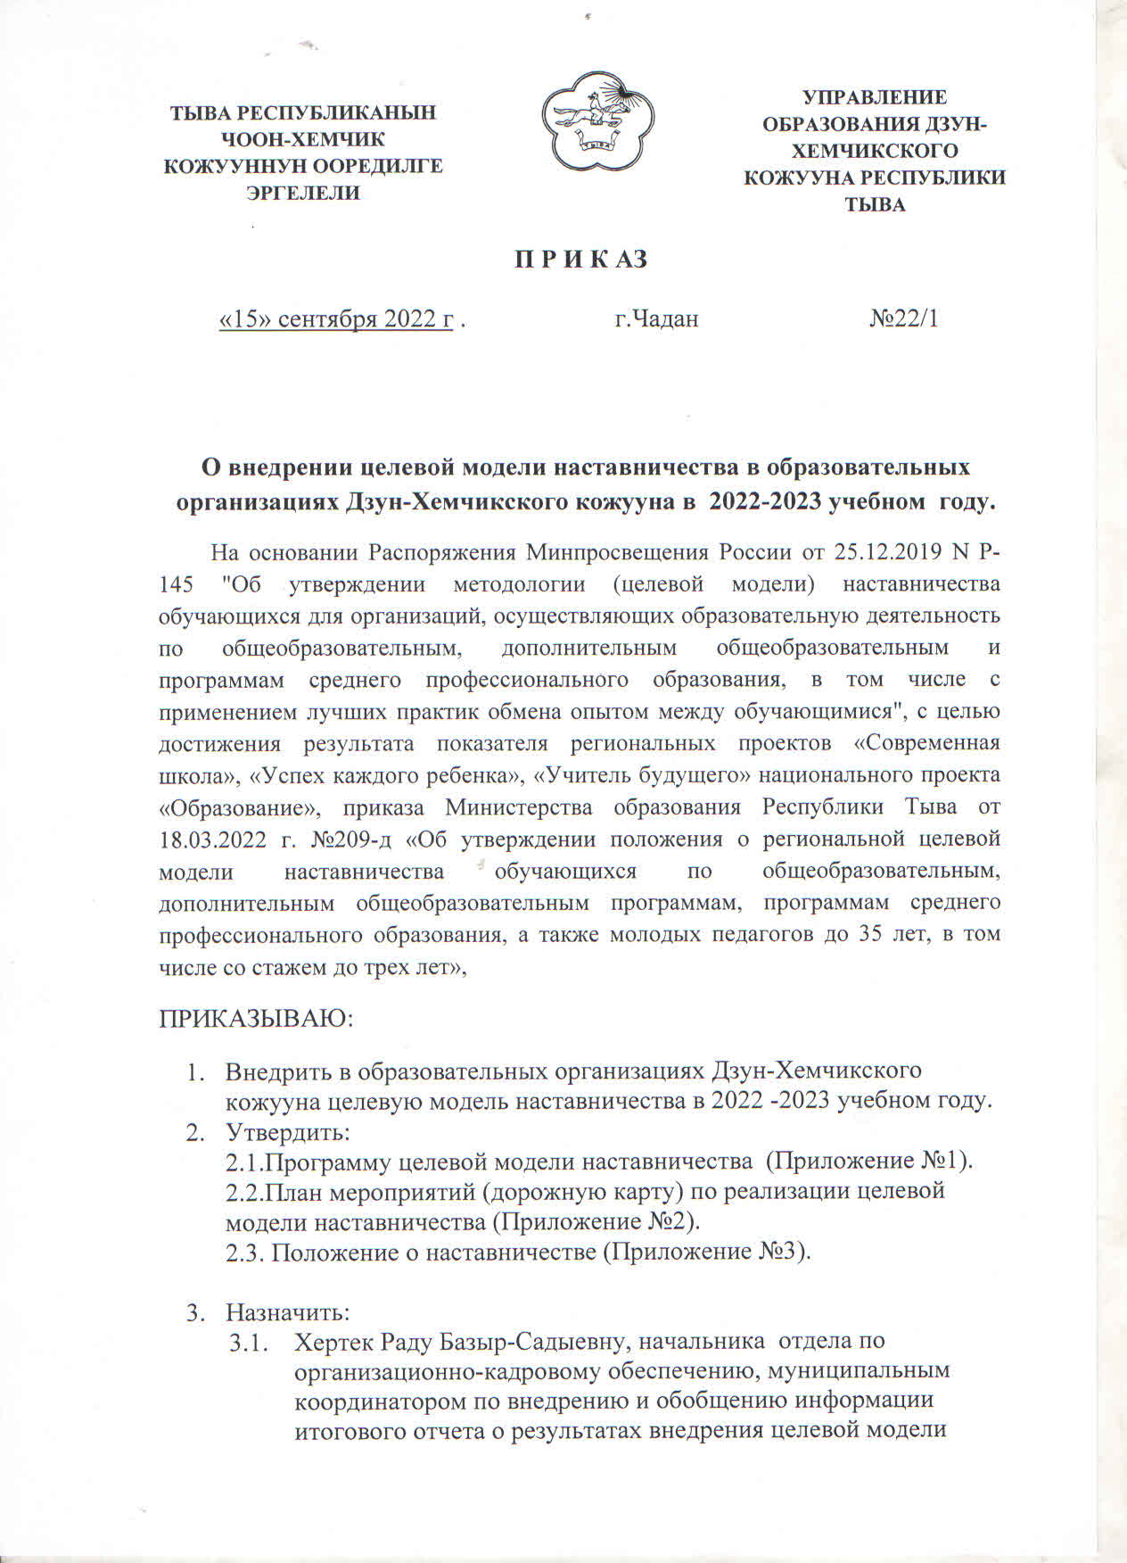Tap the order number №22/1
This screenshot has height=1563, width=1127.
904,318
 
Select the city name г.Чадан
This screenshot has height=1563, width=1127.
656,318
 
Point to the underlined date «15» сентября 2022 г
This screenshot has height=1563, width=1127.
336,319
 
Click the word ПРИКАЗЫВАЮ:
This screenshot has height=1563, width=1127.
257,1020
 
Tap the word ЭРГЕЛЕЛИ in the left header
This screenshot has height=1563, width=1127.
303,192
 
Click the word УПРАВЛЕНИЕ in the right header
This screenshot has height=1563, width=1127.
875,97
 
